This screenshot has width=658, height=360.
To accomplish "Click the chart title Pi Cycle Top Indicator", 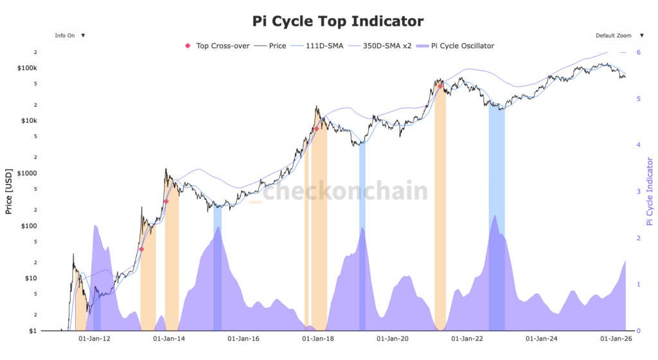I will point(337,21).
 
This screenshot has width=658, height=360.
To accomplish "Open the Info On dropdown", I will point(70,35).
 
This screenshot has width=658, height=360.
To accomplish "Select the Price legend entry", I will point(271,46).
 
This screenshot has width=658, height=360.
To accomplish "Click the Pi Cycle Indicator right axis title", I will point(649,190).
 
